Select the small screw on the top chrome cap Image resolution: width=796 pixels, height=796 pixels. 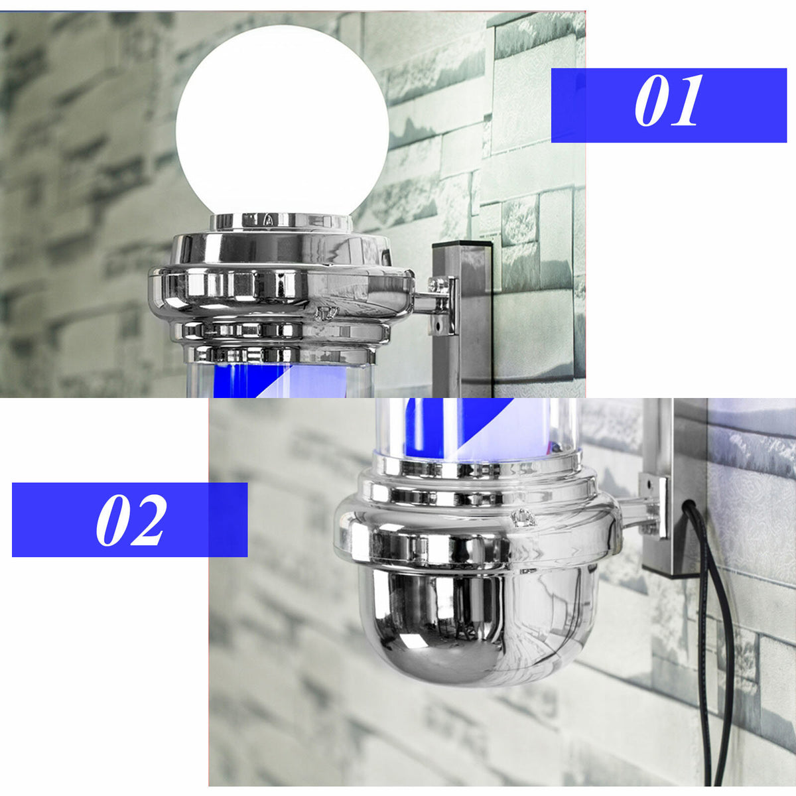326,312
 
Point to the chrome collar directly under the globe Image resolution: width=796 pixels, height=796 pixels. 281,223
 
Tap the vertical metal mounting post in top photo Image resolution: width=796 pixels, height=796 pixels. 462,318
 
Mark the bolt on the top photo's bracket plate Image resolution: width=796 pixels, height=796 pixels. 437,285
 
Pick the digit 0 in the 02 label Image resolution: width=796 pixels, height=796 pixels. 113,520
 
